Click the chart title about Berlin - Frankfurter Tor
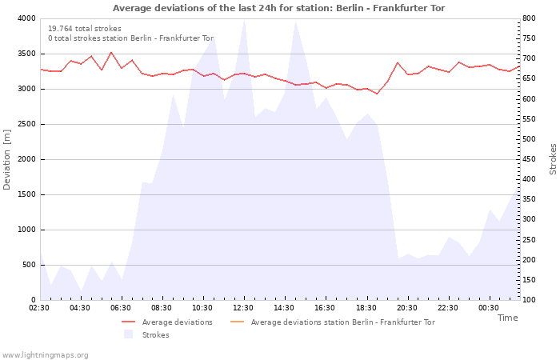click(278, 8)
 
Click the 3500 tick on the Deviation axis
click(27, 54)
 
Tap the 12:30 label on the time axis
click(243, 308)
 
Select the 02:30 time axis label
click(39, 308)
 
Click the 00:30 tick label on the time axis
click(489, 308)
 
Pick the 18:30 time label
click(366, 308)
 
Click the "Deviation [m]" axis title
click(6, 159)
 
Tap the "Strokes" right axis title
click(553, 159)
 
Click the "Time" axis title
click(507, 318)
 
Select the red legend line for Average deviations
click(128, 322)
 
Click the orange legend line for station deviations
click(237, 322)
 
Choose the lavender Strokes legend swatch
click(128, 334)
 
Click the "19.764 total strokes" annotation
click(85, 29)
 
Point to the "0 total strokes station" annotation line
click(130, 38)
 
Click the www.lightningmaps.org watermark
click(44, 355)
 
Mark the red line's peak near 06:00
click(111, 53)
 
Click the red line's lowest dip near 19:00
click(377, 94)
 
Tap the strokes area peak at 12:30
click(244, 20)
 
